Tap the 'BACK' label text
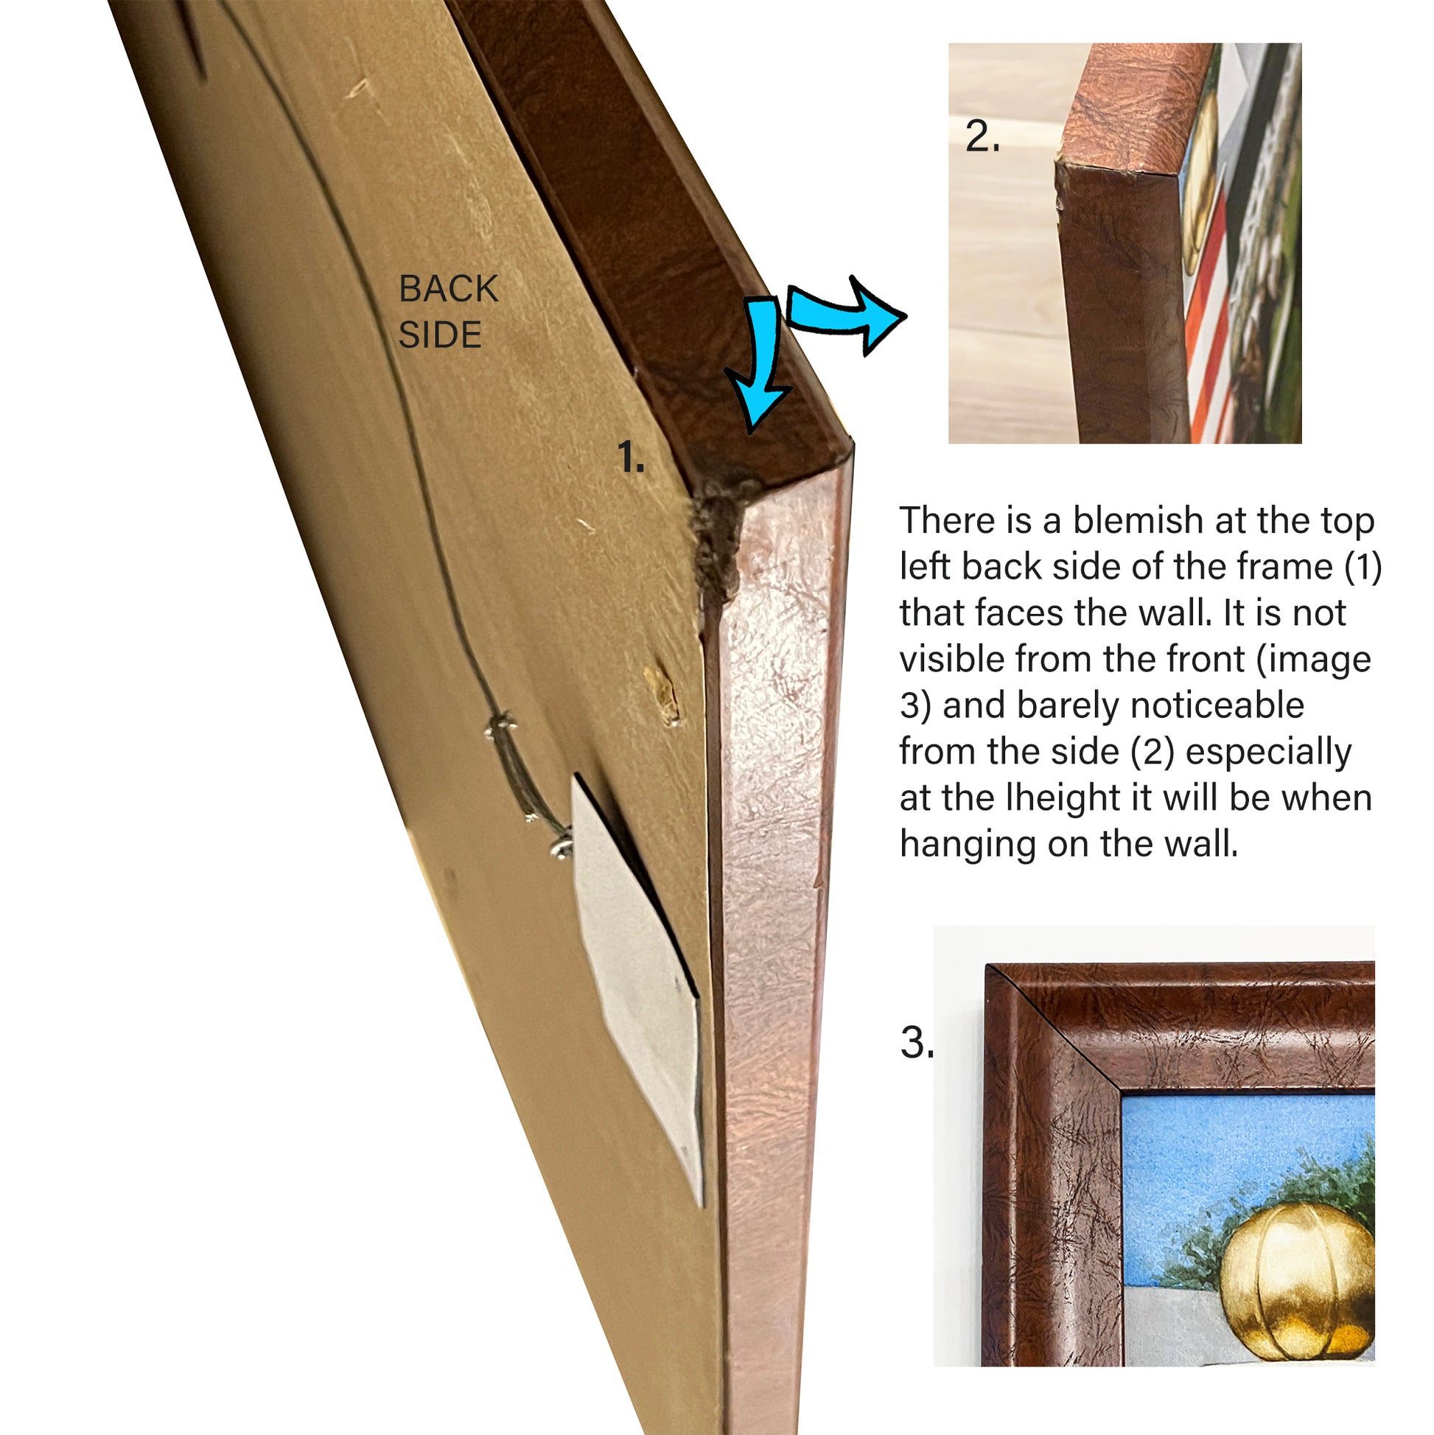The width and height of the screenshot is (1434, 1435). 448,289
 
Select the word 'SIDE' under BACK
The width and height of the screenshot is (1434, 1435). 440,335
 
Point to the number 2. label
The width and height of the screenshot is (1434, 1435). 982,136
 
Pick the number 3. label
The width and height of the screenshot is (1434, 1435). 917,1042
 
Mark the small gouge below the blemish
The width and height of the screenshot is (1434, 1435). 662,693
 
